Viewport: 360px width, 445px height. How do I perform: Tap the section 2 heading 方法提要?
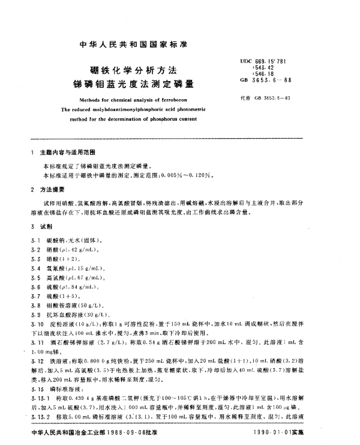[x=57, y=189]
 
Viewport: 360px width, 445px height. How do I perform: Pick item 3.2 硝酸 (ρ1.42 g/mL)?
[x=77, y=249]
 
